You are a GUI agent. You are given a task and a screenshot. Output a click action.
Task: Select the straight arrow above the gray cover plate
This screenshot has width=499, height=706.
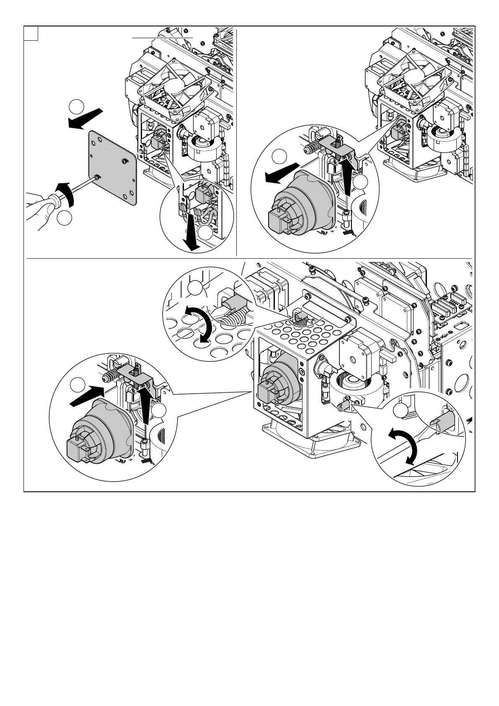coord(85,118)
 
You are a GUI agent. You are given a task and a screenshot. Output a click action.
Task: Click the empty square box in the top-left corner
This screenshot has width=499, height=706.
coord(31,34)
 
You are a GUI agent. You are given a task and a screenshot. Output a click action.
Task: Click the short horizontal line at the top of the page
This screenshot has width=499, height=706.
coord(163,37)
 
